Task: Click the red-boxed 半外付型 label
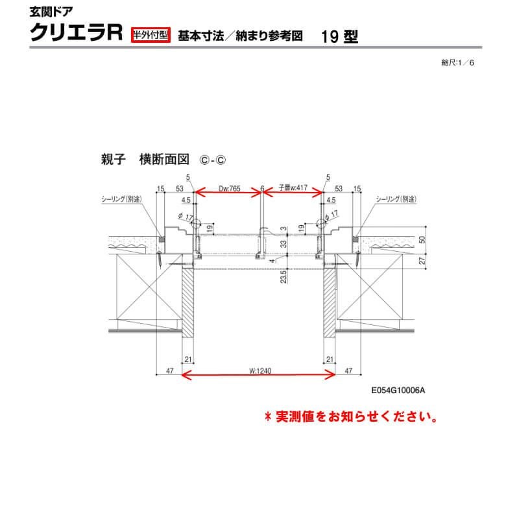(151, 35)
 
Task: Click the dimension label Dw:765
(230, 188)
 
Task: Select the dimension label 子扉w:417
(293, 188)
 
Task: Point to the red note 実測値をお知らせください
(350, 416)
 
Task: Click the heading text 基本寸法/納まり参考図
(239, 36)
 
